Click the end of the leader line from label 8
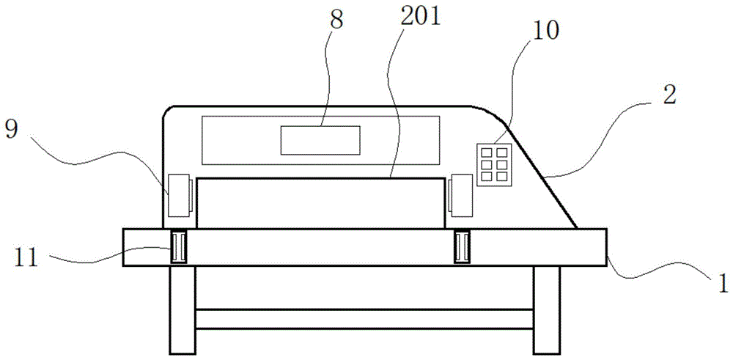coord(322,126)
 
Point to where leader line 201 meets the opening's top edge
coord(391,177)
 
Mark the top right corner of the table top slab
coord(606,229)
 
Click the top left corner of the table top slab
coord(123,229)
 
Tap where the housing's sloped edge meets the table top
coord(576,229)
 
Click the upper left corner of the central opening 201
coord(196,178)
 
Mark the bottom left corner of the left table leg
coord(170,353)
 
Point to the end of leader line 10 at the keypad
coord(493,144)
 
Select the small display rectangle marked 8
coord(320,140)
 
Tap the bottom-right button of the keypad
coord(501,176)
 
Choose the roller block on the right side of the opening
coord(460,196)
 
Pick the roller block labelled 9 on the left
coord(180,196)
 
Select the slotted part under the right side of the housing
coord(462,247)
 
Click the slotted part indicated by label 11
coord(178,247)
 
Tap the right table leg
coord(547,309)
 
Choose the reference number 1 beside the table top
coord(723,283)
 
